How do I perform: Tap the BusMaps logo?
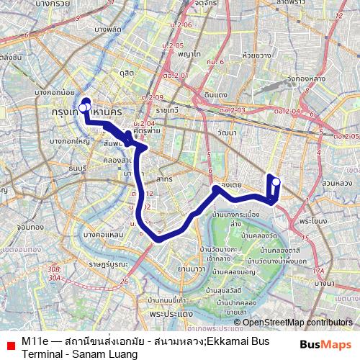(x=326, y=345)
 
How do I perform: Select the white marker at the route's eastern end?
(x=275, y=181)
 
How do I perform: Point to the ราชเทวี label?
(x=171, y=112)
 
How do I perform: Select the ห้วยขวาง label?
(x=256, y=53)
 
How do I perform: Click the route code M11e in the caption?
(x=35, y=340)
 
